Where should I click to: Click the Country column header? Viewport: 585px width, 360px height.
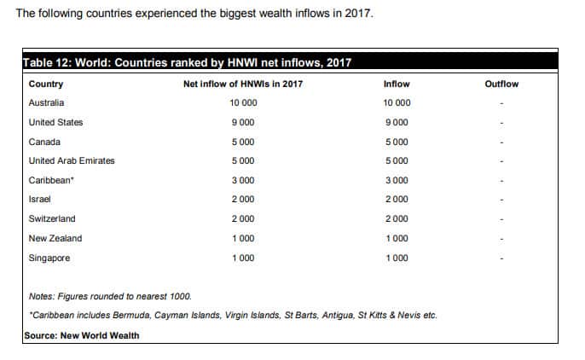46,84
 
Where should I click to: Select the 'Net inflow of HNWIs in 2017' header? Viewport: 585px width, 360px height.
243,84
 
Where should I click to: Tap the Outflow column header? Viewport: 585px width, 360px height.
501,84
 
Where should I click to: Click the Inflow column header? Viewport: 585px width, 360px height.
397,84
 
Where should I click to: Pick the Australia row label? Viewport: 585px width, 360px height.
46,103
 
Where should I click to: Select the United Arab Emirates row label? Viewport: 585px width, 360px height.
72,160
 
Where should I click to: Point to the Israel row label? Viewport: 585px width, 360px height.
40,199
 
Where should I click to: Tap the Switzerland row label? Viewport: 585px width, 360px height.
52,218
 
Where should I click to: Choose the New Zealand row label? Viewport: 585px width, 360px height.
55,238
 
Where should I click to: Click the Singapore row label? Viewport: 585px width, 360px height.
49,258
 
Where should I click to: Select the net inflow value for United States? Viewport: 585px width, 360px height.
243,122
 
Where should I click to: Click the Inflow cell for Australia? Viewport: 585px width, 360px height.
397,103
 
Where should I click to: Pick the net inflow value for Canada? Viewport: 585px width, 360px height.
243,142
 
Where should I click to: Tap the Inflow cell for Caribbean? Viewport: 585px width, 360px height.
397,180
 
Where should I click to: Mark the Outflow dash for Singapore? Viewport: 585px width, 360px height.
502,258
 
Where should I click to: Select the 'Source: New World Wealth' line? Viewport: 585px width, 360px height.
82,335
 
